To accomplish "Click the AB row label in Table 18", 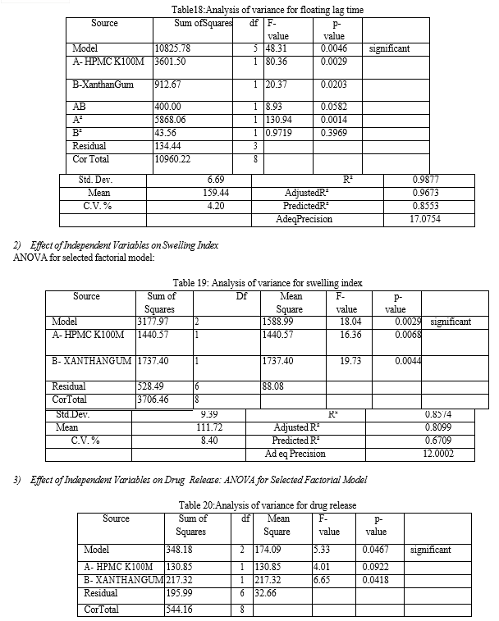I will (x=80, y=107).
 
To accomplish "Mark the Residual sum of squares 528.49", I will (x=152, y=386).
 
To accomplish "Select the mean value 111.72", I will (x=210, y=427).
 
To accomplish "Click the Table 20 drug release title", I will (x=268, y=505).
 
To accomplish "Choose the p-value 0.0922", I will (x=375, y=566).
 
